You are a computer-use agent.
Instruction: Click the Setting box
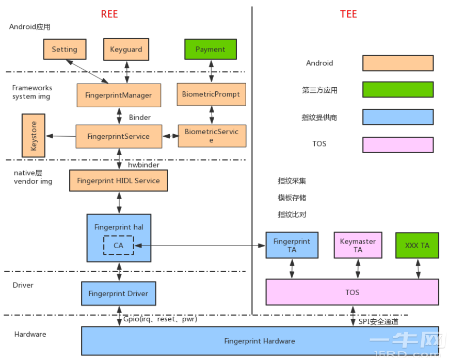65,50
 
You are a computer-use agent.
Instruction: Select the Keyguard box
126,50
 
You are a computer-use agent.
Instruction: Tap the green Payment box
211,50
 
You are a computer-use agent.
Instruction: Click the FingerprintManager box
118,95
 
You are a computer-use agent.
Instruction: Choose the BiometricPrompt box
211,94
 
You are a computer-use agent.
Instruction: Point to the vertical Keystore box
34,136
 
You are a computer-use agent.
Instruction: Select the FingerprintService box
118,136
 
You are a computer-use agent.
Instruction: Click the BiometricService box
212,136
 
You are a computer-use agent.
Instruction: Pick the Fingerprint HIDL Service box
118,181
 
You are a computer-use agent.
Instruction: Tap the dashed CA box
118,246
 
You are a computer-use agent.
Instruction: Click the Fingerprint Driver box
118,293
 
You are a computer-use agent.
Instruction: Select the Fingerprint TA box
292,245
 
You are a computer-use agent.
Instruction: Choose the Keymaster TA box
358,245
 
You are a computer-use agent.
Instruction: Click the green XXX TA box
417,245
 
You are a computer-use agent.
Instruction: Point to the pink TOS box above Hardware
352,292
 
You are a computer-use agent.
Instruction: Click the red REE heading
109,14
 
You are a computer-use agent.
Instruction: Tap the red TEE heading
348,14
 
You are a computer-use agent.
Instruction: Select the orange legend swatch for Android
397,63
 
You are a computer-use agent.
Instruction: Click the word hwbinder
143,165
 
